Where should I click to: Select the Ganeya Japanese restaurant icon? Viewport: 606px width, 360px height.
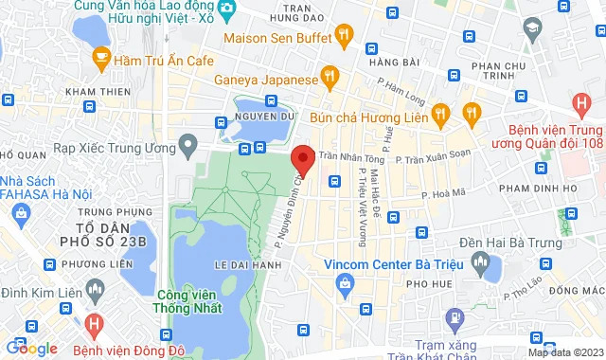pos(330,77)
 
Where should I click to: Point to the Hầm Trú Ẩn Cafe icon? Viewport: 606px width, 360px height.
pos(98,60)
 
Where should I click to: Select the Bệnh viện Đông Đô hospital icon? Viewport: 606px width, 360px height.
pos(93,324)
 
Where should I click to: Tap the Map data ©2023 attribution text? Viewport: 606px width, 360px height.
pos(564,352)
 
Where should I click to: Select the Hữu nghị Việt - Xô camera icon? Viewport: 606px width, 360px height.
pos(227,11)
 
